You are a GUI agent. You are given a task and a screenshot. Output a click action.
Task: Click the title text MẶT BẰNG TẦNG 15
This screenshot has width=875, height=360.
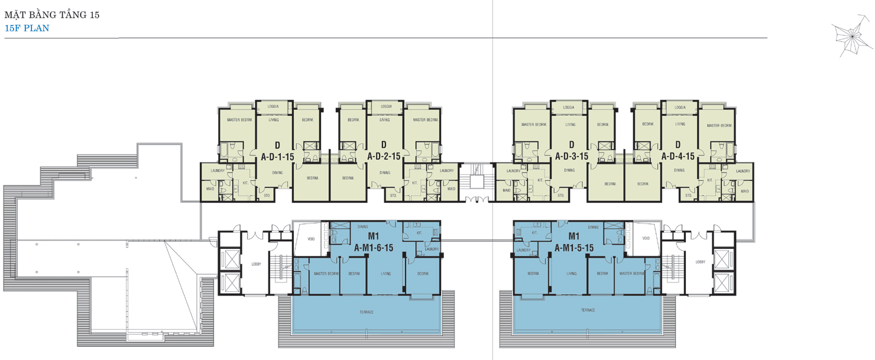tap(51, 15)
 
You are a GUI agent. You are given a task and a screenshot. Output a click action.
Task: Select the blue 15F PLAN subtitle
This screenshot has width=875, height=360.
tap(27, 28)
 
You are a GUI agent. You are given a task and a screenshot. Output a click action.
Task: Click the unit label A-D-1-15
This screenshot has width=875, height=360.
tap(277, 157)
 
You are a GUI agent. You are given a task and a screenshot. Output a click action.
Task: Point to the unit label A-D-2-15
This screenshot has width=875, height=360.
tap(384, 157)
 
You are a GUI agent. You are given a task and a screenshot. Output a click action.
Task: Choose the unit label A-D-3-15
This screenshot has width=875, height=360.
tap(571, 157)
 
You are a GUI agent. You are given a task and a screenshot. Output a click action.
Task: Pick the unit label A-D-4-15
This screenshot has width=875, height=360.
tap(678, 157)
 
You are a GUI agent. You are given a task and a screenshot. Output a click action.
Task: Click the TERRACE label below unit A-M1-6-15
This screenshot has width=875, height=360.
tap(366, 312)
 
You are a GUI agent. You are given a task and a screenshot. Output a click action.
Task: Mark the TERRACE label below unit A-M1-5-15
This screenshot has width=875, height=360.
tap(587, 310)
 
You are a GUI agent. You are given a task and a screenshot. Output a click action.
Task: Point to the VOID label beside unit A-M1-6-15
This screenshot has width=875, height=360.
tap(311, 239)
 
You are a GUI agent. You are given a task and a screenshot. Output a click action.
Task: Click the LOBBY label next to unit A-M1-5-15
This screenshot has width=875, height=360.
tap(700, 261)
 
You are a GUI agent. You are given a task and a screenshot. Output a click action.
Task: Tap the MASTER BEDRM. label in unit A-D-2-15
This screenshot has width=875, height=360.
tap(426, 120)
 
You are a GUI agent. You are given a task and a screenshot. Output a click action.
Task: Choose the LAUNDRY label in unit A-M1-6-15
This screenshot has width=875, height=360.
tap(431, 249)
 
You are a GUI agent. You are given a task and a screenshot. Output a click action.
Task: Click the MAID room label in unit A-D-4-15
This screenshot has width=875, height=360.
tap(744, 191)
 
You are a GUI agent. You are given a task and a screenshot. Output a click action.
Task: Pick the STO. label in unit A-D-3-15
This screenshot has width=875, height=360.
tap(560, 195)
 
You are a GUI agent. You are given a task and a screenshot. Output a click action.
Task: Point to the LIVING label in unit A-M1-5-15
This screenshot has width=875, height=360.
tap(571, 274)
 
